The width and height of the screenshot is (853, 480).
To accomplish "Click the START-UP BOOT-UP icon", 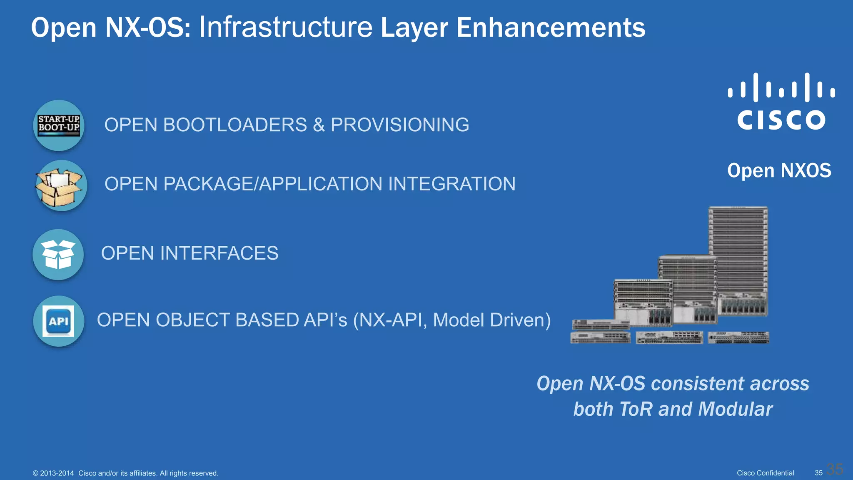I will [59, 125].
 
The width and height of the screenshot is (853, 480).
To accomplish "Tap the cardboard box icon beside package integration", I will [60, 186].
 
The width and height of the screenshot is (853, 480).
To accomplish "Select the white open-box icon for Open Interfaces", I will [58, 255].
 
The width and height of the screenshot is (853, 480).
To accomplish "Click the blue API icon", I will [58, 321].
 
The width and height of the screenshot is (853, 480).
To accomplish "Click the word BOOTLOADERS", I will [235, 125].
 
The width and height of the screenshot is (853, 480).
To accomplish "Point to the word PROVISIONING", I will [400, 125].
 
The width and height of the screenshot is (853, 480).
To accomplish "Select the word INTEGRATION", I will [452, 184].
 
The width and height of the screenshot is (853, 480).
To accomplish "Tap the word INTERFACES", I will [219, 253].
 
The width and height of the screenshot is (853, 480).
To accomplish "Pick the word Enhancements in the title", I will [551, 28].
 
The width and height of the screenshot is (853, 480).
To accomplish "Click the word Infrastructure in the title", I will [286, 28].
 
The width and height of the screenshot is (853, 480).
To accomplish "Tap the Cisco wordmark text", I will [781, 120].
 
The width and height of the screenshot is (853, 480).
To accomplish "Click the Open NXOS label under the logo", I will [779, 170].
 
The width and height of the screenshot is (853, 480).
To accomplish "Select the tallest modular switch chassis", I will [738, 260].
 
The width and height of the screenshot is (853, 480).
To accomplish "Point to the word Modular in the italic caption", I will [736, 409].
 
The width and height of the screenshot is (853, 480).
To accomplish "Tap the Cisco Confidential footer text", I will [765, 473].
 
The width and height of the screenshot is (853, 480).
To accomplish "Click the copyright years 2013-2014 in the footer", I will [57, 473].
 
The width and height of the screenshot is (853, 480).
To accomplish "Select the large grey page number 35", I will [835, 469].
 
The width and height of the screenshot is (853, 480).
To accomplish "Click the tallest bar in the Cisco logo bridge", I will [756, 87].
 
